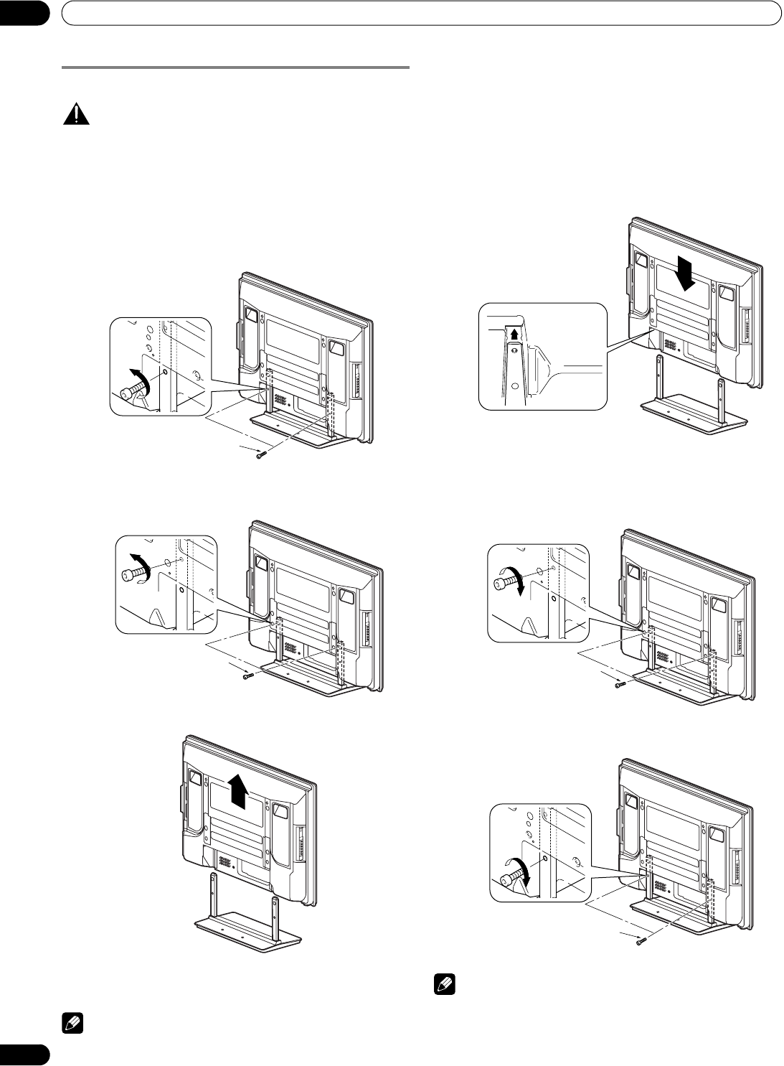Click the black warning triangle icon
point(76,115)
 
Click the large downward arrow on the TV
point(687,273)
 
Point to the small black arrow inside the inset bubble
point(514,333)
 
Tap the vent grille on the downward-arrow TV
point(669,344)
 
